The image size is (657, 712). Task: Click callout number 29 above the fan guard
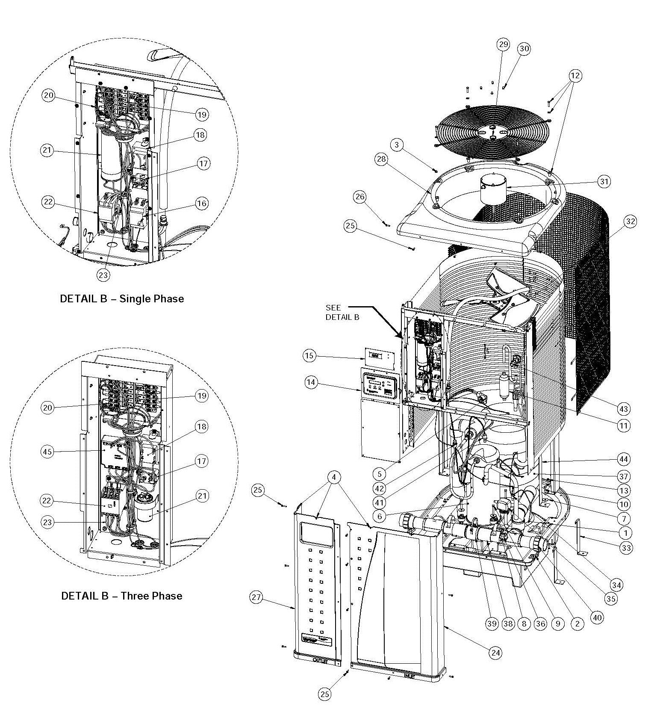(x=503, y=44)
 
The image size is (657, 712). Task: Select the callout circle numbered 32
(x=630, y=221)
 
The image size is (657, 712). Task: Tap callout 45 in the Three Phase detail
(x=48, y=452)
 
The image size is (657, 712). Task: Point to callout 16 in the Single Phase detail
(x=202, y=203)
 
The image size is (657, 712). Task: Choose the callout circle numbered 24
(x=496, y=653)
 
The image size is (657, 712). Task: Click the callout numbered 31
(x=604, y=181)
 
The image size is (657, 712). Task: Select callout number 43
(x=624, y=409)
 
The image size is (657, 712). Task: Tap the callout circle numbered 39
(x=492, y=623)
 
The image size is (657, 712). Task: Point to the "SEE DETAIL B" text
(x=342, y=312)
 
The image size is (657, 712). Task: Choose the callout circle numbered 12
(x=575, y=76)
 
